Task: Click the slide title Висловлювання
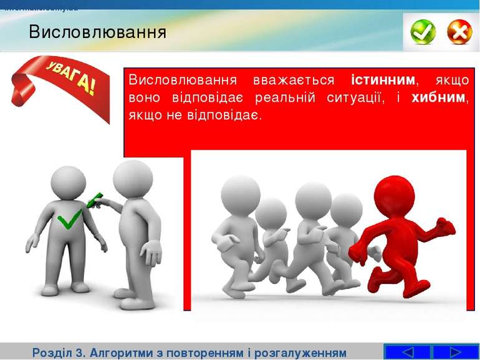point(97,32)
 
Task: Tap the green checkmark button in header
point(423,32)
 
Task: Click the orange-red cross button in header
point(459,32)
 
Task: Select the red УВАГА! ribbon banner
point(59,84)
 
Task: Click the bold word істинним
point(383,80)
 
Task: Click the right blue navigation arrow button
point(455,352)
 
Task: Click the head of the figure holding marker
point(133,178)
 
